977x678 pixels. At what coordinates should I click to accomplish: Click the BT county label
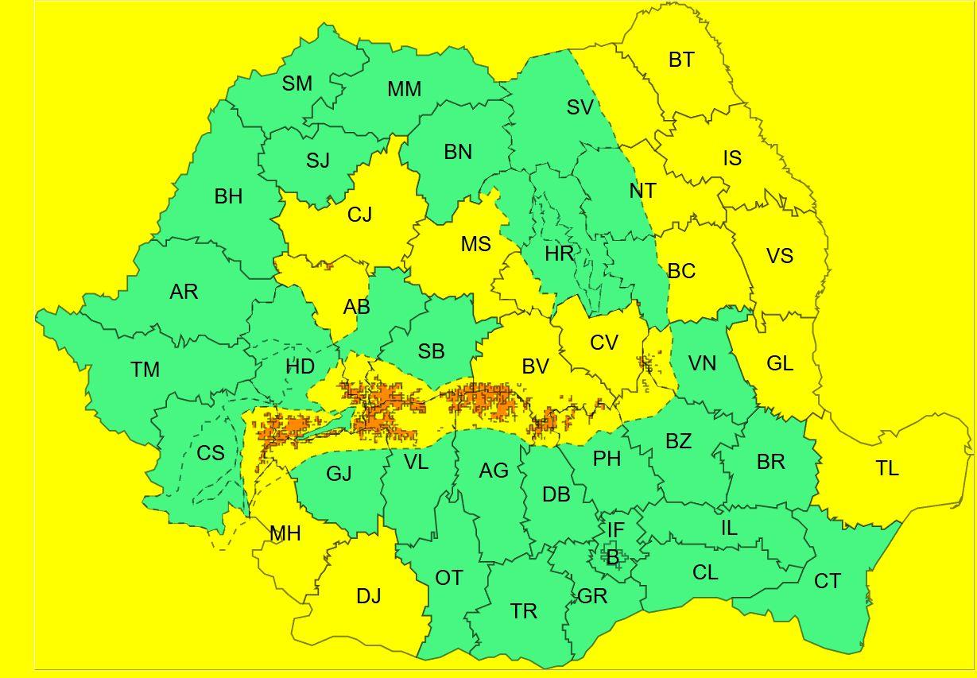point(681,60)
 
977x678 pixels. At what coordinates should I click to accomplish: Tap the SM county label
point(297,83)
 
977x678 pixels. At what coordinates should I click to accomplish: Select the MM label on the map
point(404,90)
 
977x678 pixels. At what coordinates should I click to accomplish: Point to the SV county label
point(580,107)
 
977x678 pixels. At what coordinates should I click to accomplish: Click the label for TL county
point(887,469)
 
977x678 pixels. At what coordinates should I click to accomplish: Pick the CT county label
point(827,582)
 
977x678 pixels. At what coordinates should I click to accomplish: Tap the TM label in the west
point(145,370)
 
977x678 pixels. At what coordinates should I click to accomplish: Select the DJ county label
point(368,596)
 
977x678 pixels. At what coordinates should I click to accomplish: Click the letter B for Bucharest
point(612,558)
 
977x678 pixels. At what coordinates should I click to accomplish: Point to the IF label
point(615,530)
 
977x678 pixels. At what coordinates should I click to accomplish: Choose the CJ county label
point(359,215)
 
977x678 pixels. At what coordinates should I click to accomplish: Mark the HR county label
point(559,254)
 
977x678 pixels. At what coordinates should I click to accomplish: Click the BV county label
point(535,366)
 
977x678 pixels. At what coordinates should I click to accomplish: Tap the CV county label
point(604,343)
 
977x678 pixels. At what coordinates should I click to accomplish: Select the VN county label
point(702,364)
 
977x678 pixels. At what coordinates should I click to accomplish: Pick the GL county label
point(780,364)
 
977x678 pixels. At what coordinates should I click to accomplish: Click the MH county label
point(285,534)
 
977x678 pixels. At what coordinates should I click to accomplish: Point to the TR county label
point(524,611)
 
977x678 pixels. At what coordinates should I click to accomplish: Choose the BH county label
point(228,196)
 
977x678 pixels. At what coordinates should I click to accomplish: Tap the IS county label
point(732,158)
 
